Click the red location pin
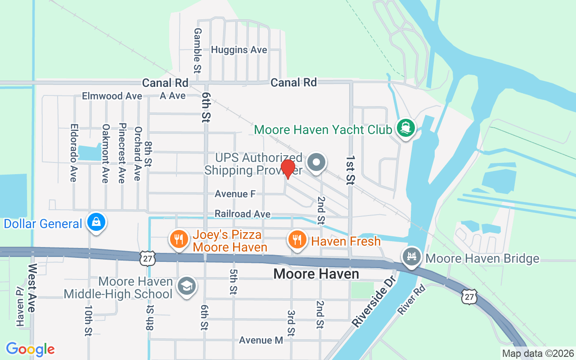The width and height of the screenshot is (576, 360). tap(288, 168)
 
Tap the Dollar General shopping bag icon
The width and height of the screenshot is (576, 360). tap(97, 222)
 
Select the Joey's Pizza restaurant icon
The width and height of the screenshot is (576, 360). tap(179, 239)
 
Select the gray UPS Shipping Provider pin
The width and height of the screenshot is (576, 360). tap(316, 162)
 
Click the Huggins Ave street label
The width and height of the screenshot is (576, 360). tap(239, 50)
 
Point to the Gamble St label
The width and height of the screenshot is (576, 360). tap(197, 50)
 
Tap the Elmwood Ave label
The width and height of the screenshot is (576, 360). tap(112, 96)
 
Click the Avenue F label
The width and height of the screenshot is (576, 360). tap(235, 194)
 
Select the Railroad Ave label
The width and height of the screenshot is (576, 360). tap(243, 214)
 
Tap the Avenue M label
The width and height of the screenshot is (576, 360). tap(261, 340)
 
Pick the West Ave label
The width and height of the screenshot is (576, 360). tap(32, 288)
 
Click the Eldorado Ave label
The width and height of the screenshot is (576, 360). tap(73, 153)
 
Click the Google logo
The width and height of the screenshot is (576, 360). tap(30, 349)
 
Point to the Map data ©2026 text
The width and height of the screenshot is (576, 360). tap(538, 354)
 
